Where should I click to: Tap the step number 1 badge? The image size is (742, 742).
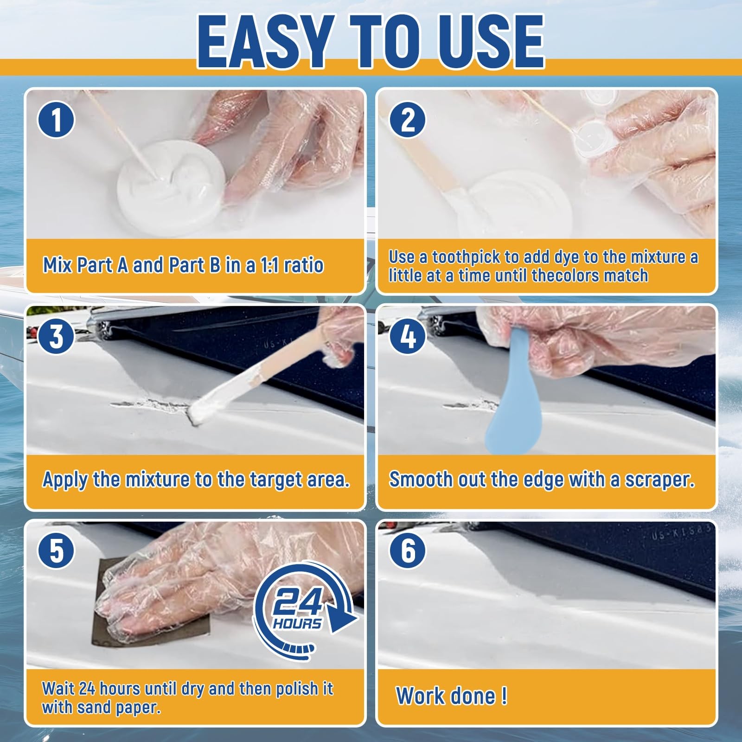[56, 120]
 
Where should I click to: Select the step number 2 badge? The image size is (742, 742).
[408, 120]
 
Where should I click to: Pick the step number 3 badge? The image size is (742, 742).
[56, 336]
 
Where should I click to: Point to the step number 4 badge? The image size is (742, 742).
[408, 336]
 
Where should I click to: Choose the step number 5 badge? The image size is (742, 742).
[56, 551]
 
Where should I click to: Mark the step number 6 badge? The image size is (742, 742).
[408, 551]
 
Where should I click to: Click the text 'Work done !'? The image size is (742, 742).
[451, 696]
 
